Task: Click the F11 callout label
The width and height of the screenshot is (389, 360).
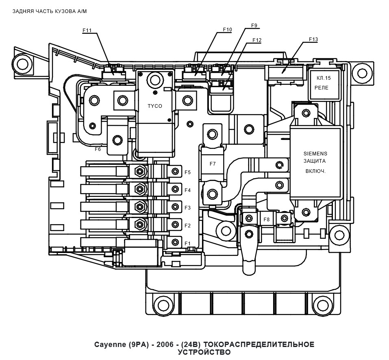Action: pos(87,31)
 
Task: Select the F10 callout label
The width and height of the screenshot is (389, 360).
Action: pos(227,30)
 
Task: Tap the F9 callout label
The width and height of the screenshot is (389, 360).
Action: pos(254,25)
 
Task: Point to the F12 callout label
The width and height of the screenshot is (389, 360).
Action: pos(256,40)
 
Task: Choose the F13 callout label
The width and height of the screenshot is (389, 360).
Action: pos(313,39)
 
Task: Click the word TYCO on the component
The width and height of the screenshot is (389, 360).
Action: pos(154,106)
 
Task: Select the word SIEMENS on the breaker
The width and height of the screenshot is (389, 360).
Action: pos(315,154)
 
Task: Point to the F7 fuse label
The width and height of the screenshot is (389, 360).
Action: pos(213,164)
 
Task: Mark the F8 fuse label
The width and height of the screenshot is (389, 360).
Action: pos(267,219)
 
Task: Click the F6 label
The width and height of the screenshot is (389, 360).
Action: pos(98,149)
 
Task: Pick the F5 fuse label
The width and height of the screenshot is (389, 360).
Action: pos(187,172)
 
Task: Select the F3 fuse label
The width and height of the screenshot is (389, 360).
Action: pos(187,208)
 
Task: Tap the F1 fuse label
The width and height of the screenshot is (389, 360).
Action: pos(187,243)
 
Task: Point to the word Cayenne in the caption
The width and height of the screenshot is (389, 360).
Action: pos(109,345)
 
